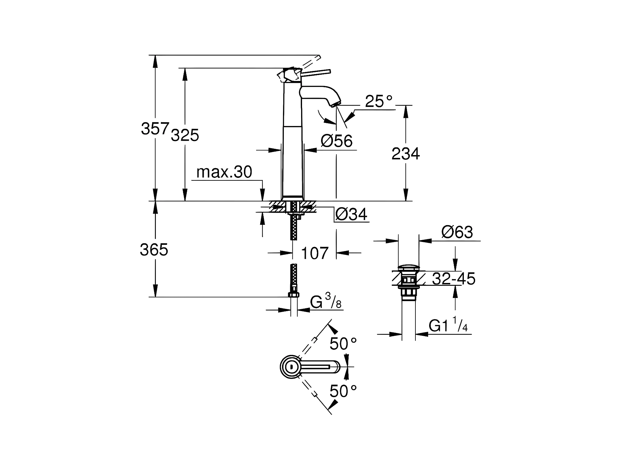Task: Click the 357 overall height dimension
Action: [155, 128]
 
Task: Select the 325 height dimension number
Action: [185, 135]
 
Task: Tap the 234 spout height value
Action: [405, 154]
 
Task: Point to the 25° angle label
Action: [378, 101]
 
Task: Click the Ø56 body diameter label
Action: [337, 141]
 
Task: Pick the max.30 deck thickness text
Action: [224, 172]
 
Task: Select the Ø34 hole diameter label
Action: [351, 214]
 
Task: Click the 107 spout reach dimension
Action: [315, 253]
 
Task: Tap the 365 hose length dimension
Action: [154, 250]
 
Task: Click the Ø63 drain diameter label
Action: [457, 232]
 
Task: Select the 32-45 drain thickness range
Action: [454, 279]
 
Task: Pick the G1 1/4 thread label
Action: [448, 326]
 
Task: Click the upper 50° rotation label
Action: [343, 344]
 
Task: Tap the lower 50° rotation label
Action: [343, 391]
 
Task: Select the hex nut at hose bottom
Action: [294, 295]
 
